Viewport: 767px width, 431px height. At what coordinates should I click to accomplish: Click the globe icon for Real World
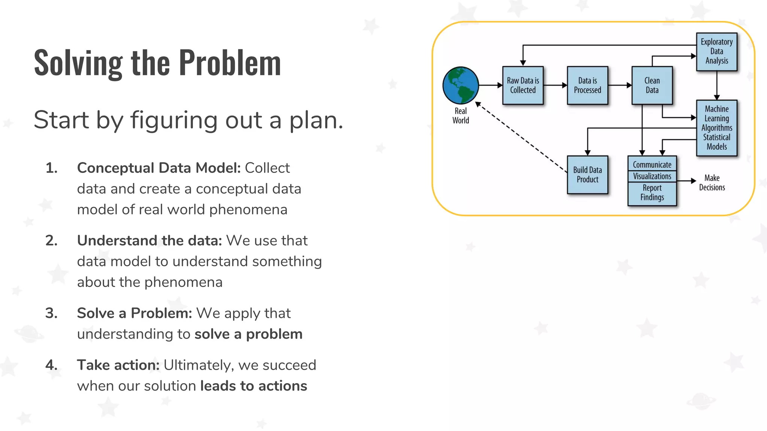(x=460, y=85)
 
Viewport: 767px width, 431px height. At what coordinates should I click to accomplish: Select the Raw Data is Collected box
(x=523, y=85)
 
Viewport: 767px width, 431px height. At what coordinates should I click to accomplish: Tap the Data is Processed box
(x=587, y=85)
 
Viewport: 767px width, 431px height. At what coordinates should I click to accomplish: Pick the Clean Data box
(x=652, y=85)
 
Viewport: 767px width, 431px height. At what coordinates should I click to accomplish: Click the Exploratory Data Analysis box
(x=716, y=52)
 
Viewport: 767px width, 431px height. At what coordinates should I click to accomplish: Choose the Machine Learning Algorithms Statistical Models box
(x=716, y=128)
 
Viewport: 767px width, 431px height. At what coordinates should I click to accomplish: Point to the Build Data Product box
(x=587, y=175)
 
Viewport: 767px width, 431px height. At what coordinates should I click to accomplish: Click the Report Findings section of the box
(x=652, y=193)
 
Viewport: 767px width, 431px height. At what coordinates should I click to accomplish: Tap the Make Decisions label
(x=712, y=183)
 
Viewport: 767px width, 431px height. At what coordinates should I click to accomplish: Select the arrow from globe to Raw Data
(x=490, y=85)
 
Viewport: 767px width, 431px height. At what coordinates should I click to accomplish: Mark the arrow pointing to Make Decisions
(x=686, y=181)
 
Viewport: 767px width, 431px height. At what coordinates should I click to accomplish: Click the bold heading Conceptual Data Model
(x=158, y=168)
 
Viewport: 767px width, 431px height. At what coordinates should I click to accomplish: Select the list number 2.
(x=51, y=241)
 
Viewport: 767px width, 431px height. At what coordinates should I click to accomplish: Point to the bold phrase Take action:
(x=118, y=365)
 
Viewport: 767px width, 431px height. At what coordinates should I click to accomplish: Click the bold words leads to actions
(x=254, y=386)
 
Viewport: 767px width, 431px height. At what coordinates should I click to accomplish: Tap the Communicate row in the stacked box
(x=652, y=165)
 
